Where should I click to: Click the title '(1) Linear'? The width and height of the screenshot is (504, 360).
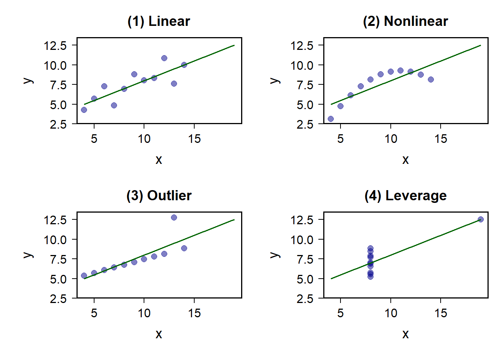159,21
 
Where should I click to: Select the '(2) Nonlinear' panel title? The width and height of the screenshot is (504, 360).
405,21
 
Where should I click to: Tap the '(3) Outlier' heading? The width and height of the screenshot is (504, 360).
159,196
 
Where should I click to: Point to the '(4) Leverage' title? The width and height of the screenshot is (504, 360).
405,196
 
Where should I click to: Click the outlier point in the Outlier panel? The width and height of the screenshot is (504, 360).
174,217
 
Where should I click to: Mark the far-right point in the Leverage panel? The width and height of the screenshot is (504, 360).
481,219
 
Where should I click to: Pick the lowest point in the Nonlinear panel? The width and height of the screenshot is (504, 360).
331,119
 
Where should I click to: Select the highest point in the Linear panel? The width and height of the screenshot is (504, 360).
164,58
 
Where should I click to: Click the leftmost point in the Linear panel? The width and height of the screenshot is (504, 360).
84,110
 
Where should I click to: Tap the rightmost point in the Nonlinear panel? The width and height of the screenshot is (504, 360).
431,79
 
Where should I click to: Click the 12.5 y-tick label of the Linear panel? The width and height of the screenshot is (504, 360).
55,46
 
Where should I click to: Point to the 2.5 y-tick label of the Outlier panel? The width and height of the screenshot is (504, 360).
58,299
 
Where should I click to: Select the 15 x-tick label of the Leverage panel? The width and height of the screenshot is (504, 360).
441,313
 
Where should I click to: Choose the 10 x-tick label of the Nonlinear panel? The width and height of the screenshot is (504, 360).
391,139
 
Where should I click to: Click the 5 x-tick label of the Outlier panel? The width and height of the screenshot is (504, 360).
94,313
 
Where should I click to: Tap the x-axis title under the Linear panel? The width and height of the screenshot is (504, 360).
159,160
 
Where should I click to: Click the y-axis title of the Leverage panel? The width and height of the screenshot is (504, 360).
274,255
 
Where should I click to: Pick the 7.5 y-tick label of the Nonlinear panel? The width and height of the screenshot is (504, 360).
305,85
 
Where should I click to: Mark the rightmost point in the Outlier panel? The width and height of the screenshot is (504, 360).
184,248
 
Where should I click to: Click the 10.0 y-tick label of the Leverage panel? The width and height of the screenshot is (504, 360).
302,240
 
